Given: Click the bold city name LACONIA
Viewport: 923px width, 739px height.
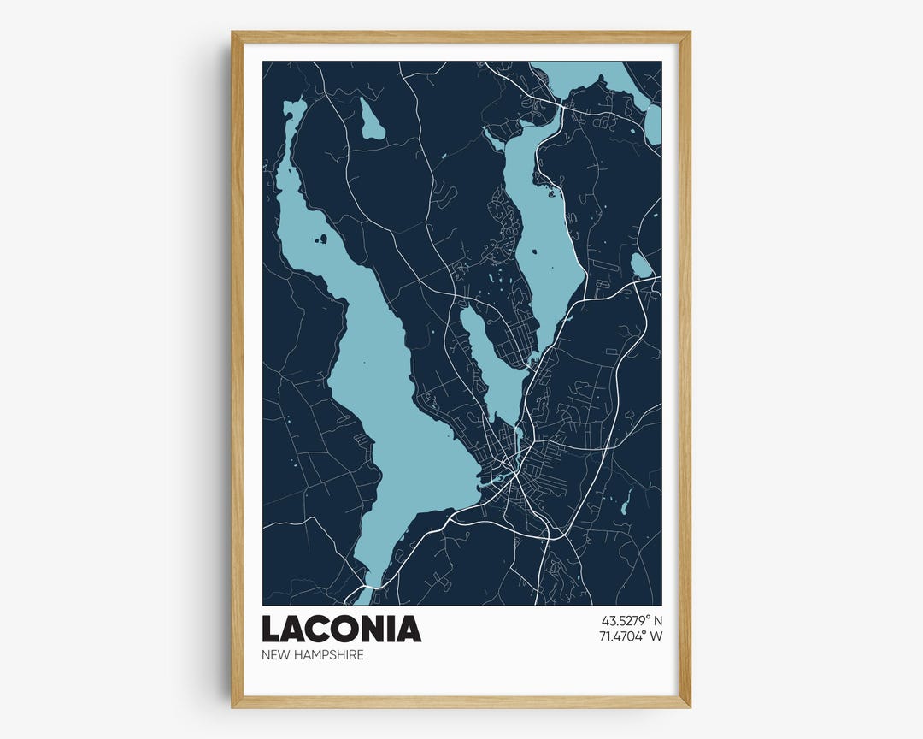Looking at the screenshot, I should pyautogui.click(x=341, y=629).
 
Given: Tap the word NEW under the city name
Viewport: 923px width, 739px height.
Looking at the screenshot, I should pyautogui.click(x=277, y=655).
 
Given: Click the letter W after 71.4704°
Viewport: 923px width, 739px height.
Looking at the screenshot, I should pyautogui.click(x=656, y=636).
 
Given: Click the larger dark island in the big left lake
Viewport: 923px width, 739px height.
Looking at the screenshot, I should pyautogui.click(x=322, y=239).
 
